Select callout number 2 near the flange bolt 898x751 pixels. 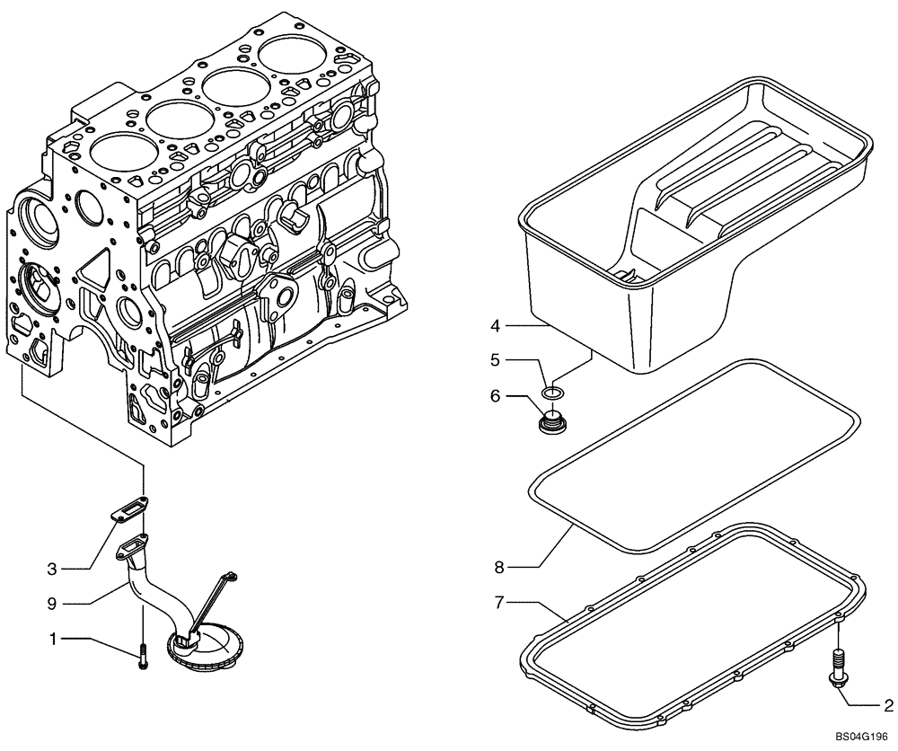point(887,704)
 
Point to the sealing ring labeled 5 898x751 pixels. point(554,392)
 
